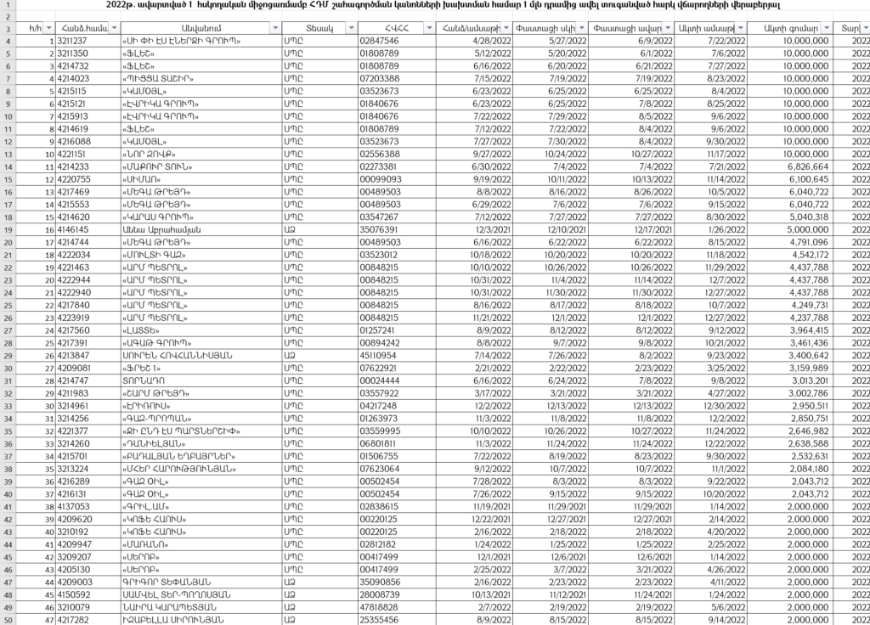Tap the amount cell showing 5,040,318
pyautogui.click(x=801, y=217)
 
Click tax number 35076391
pyautogui.click(x=379, y=229)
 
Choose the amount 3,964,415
pyautogui.click(x=801, y=329)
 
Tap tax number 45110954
pyautogui.click(x=379, y=355)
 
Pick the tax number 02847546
pyautogui.click(x=379, y=41)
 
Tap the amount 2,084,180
pyautogui.click(x=801, y=468)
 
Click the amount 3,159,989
pyautogui.click(x=801, y=368)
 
